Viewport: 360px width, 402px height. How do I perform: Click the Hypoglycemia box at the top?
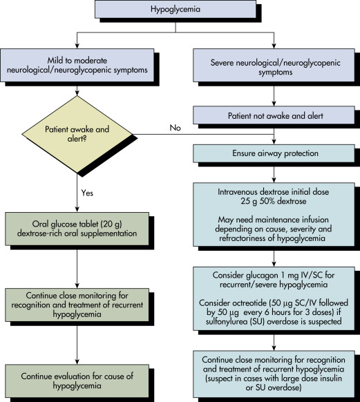pyautogui.click(x=176, y=9)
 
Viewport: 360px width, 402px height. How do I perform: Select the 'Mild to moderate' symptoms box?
pyautogui.click(x=77, y=65)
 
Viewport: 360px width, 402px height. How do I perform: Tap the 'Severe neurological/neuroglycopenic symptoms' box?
pyautogui.click(x=274, y=65)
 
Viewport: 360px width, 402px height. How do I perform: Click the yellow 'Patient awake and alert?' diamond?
pyautogui.click(x=77, y=134)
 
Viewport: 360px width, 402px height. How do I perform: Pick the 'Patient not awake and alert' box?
pyautogui.click(x=274, y=115)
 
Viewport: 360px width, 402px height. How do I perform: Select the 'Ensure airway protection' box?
pyautogui.click(x=274, y=153)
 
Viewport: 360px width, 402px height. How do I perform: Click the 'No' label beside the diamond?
pyautogui.click(x=175, y=128)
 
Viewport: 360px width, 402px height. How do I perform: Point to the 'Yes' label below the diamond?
pyautogui.click(x=87, y=193)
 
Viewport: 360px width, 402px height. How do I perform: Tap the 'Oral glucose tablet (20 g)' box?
pyautogui.click(x=77, y=229)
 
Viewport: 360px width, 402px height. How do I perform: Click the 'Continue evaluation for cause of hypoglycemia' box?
pyautogui.click(x=77, y=381)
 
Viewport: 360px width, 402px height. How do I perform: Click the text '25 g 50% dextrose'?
pyautogui.click(x=274, y=201)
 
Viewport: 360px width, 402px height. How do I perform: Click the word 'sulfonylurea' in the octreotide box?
pyautogui.click(x=227, y=321)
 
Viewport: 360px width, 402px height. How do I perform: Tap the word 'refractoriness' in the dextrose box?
pyautogui.click(x=243, y=238)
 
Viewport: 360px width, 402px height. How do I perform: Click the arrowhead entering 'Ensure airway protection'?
pyautogui.click(x=274, y=142)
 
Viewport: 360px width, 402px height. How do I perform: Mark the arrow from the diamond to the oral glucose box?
pyautogui.click(x=77, y=192)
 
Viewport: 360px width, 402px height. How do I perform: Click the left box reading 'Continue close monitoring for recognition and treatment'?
pyautogui.click(x=77, y=305)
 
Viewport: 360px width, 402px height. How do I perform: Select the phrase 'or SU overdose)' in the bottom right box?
pyautogui.click(x=274, y=387)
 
